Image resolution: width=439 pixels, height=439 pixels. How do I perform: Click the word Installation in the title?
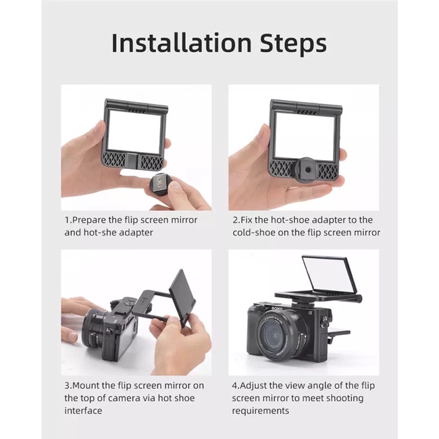tap(182, 43)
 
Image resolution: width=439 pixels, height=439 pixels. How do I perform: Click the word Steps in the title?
tap(293, 44)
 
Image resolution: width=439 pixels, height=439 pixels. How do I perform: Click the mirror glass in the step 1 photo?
tap(134, 131)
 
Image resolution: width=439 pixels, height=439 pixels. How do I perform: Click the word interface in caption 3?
tap(83, 411)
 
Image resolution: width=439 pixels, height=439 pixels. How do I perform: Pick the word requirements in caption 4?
tap(261, 411)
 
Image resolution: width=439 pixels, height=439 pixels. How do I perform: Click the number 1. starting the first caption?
tap(68, 219)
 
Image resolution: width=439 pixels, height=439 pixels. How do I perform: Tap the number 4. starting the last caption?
tap(236, 386)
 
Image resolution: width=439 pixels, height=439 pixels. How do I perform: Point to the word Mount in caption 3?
tap(86, 386)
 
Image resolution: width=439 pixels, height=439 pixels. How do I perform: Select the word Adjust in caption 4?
tap(253, 386)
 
